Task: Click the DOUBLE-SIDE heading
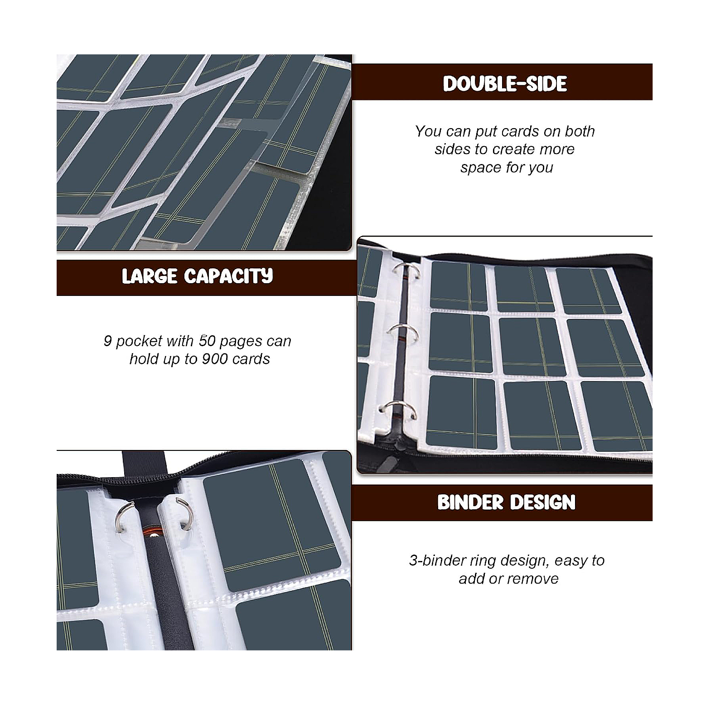click(x=505, y=84)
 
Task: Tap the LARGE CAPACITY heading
click(x=198, y=276)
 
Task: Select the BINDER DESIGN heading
click(x=506, y=503)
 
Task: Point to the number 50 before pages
click(x=208, y=341)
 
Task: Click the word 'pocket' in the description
click(x=139, y=341)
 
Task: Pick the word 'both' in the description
click(x=580, y=131)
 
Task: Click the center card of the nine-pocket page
click(x=532, y=347)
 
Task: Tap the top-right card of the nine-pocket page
click(x=588, y=291)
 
